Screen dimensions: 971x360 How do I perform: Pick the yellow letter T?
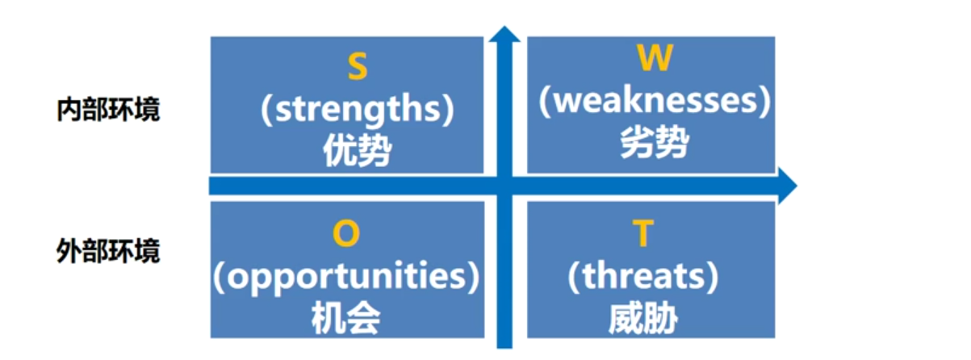click(642, 234)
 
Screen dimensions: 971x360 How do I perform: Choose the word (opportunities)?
click(345, 277)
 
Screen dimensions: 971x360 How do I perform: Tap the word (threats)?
click(642, 277)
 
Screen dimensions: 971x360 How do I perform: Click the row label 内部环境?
click(108, 110)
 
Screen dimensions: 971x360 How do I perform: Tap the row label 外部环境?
click(108, 251)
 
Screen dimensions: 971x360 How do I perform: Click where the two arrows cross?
click(505, 186)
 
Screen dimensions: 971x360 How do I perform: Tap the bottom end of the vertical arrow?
click(505, 343)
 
